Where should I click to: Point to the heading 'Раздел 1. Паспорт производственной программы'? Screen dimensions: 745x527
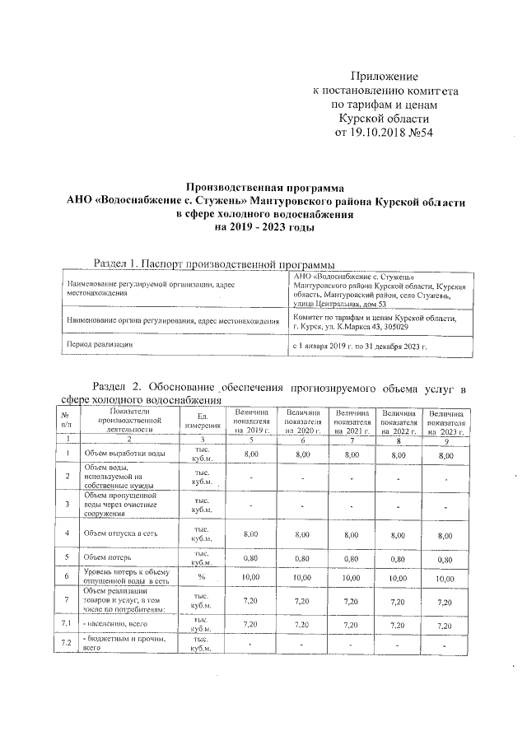tap(213, 263)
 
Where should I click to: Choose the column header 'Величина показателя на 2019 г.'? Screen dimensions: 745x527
tap(251, 420)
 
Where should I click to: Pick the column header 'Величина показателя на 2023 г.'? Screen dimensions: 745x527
tap(446, 420)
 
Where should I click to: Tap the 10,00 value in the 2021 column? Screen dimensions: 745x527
tap(352, 580)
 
